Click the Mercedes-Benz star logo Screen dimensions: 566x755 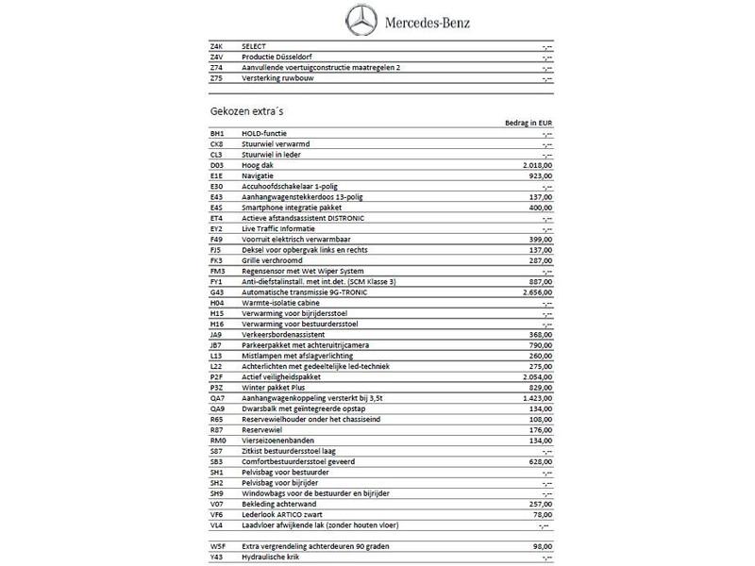pos(362,20)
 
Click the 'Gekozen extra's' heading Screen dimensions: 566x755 pos(248,111)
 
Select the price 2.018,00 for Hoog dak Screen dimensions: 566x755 pos(535,165)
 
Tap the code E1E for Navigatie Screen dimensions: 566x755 pos(216,175)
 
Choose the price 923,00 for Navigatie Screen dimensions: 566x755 pos(539,175)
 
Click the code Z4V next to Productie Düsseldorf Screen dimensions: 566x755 pos(216,57)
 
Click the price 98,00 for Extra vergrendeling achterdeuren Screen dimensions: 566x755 pos(542,547)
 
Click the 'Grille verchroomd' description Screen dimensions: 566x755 pos(270,261)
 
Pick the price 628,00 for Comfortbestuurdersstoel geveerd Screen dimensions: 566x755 pos(539,461)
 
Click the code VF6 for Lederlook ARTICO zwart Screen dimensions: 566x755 pos(216,515)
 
